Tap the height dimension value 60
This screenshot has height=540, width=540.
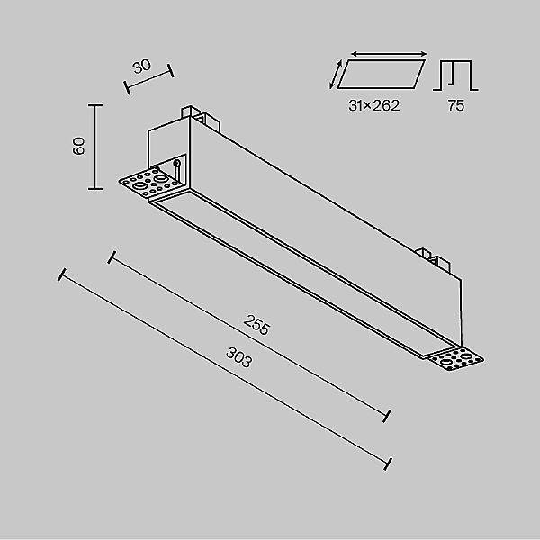tap(78, 146)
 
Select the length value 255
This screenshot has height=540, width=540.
tap(256, 325)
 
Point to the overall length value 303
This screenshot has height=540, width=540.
tap(239, 357)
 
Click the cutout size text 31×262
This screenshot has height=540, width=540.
tap(374, 105)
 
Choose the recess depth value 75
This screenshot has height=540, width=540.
tap(456, 105)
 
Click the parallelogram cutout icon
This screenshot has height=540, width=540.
tap(382, 75)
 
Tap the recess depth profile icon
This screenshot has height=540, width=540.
tap(455, 76)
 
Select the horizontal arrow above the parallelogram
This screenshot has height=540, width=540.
tap(389, 54)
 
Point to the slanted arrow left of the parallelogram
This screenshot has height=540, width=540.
tap(336, 75)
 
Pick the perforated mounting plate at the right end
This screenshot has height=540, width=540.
tap(456, 359)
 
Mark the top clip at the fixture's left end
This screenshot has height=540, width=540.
tap(200, 117)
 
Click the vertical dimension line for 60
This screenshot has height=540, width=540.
tap(95, 147)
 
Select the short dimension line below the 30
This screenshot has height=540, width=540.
tap(149, 79)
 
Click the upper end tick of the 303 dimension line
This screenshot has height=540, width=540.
tap(62, 274)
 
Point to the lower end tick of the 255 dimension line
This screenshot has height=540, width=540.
tap(387, 416)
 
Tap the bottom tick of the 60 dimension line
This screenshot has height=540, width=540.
tap(95, 189)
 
